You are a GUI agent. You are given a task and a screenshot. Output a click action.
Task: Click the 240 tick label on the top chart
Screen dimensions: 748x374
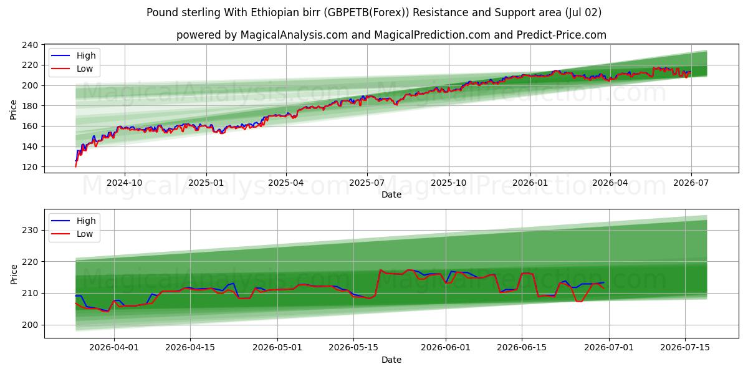point(30,45)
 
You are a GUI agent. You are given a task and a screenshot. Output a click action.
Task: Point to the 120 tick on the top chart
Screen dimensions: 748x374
point(30,167)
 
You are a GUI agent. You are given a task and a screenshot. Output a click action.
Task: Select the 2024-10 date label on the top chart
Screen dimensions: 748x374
point(125,183)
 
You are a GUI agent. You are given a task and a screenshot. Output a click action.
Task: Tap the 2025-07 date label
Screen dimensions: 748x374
point(367,183)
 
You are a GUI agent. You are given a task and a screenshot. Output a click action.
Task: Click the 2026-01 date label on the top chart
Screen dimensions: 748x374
point(530,183)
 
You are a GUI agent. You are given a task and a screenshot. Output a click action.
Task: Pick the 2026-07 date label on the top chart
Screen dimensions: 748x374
point(691,183)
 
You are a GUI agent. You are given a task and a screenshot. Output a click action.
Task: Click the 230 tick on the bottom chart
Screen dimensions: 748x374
point(30,230)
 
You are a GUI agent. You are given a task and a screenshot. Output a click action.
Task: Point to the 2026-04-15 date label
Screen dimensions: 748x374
point(190,348)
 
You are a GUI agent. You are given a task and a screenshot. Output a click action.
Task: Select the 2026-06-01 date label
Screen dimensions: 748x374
point(446,348)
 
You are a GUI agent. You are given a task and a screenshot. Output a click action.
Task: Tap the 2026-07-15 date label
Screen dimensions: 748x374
point(685,348)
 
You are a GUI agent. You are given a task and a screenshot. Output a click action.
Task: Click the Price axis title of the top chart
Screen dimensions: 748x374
point(13,110)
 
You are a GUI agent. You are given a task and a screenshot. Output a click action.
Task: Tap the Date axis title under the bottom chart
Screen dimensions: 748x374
point(391,360)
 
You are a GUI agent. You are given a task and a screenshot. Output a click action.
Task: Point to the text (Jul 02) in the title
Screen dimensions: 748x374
point(583,12)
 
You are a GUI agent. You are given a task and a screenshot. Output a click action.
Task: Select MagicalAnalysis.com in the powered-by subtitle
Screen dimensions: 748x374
point(294,35)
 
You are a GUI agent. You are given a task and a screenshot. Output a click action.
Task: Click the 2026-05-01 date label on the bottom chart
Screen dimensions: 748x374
point(277,348)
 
